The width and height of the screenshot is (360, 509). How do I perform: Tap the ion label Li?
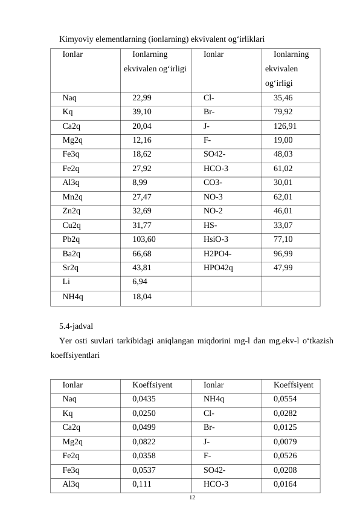click(66, 282)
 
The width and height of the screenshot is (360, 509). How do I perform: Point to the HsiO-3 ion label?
click(216, 239)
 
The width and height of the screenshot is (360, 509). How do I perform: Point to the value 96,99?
click(283, 253)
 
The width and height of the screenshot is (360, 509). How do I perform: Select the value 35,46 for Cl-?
click(283, 98)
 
